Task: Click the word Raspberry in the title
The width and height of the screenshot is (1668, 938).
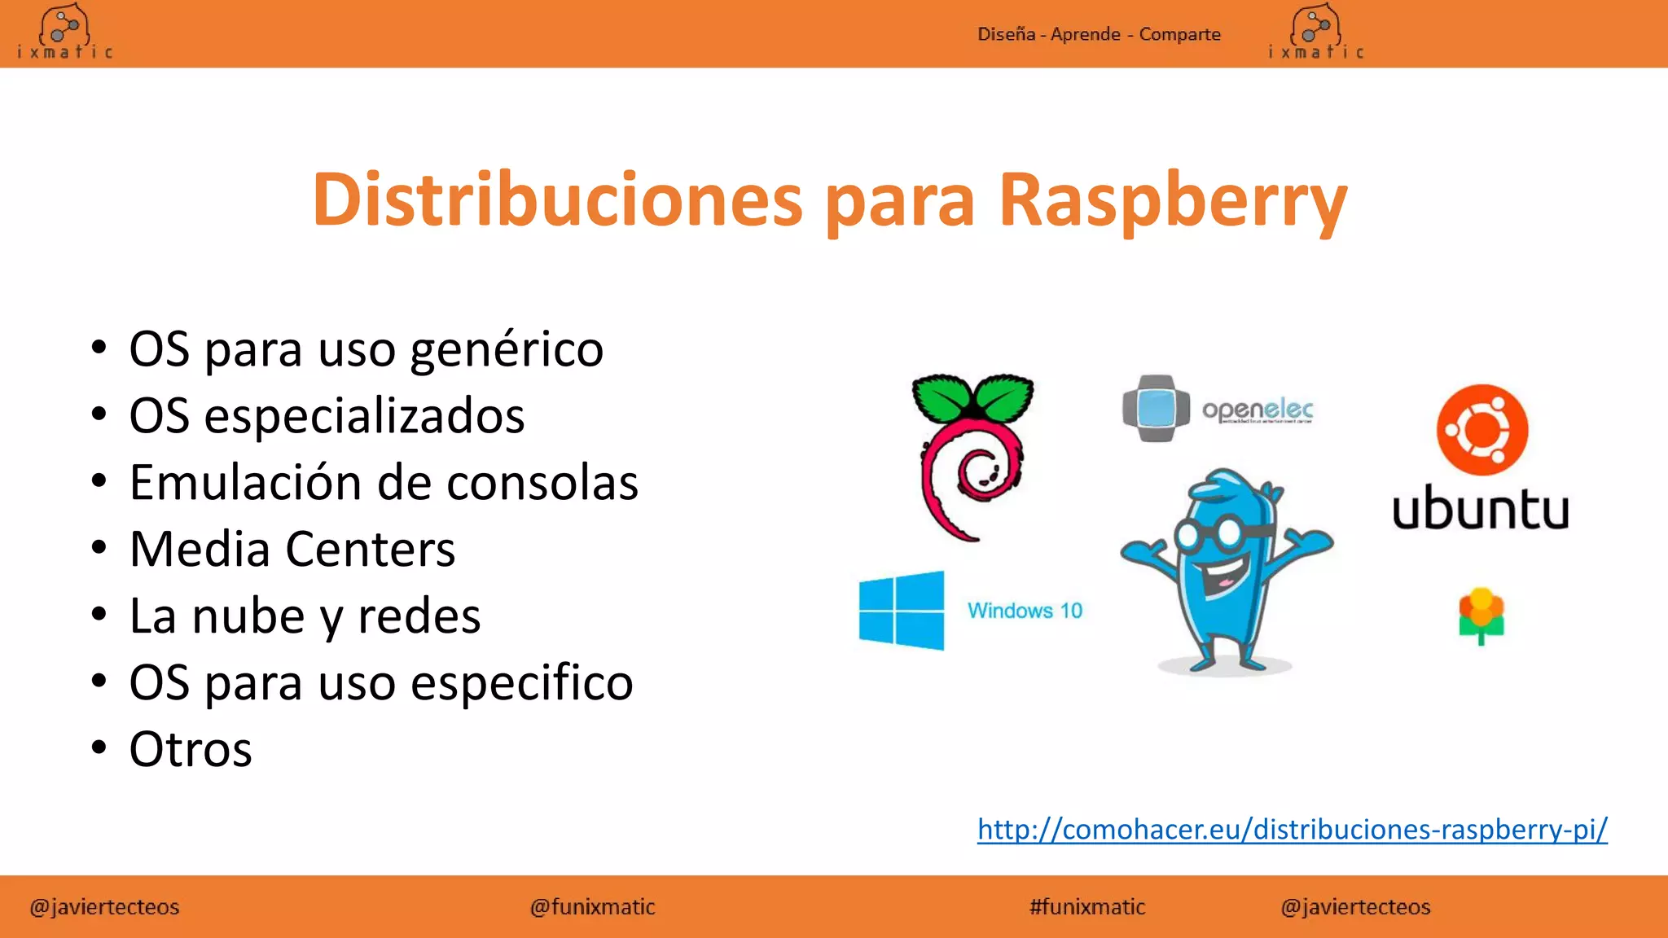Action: [x=1173, y=199]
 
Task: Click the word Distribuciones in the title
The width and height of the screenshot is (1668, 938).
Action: [x=557, y=199]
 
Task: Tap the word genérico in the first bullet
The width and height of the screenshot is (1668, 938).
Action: [x=507, y=350]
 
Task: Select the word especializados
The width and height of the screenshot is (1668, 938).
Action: [x=364, y=416]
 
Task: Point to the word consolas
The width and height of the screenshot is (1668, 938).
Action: [x=542, y=483]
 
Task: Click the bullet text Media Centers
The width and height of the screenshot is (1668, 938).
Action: [x=292, y=550]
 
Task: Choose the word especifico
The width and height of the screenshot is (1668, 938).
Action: [x=522, y=683]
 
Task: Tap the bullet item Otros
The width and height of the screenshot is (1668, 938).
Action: [x=191, y=750]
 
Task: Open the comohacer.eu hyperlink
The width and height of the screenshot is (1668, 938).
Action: [x=1292, y=829]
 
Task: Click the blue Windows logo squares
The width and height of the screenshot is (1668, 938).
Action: [x=902, y=611]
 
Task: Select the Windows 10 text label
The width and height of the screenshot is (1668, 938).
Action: [x=1025, y=611]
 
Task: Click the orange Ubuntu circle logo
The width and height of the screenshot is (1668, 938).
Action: [x=1481, y=430]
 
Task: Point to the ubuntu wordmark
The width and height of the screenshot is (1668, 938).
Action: [x=1480, y=511]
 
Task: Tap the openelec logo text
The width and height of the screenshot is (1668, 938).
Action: [x=1258, y=410]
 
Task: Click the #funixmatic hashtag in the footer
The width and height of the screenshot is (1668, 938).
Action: [x=1087, y=907]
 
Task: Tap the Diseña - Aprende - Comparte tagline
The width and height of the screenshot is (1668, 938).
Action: [x=1099, y=34]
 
